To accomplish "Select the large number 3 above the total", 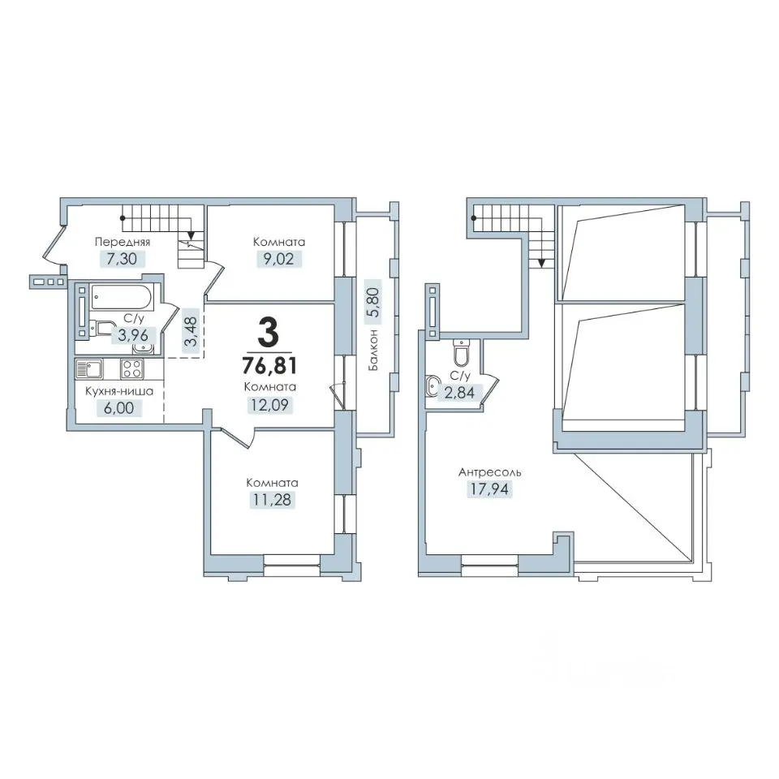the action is click(x=269, y=334).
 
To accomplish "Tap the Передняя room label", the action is click(x=123, y=242).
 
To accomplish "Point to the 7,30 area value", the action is click(x=122, y=259).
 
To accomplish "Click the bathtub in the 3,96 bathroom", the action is click(x=121, y=297).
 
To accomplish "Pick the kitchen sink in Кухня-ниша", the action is click(x=89, y=369).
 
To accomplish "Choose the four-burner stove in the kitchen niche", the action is click(x=132, y=369).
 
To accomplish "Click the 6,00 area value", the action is click(x=119, y=408).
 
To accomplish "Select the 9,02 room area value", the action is click(x=278, y=259).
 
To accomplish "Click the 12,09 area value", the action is click(x=269, y=405).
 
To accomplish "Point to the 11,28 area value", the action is click(x=273, y=499).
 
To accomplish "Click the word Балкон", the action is click(x=373, y=349).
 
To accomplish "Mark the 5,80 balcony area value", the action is click(x=372, y=303).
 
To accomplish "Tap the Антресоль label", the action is click(x=490, y=472).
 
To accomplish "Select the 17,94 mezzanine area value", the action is click(x=490, y=489).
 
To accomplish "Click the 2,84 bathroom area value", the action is click(x=459, y=393).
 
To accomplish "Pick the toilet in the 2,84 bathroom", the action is click(x=462, y=351).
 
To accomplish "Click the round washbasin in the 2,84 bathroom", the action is click(x=433, y=384).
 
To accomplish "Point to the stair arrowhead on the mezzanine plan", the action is click(x=541, y=263).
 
